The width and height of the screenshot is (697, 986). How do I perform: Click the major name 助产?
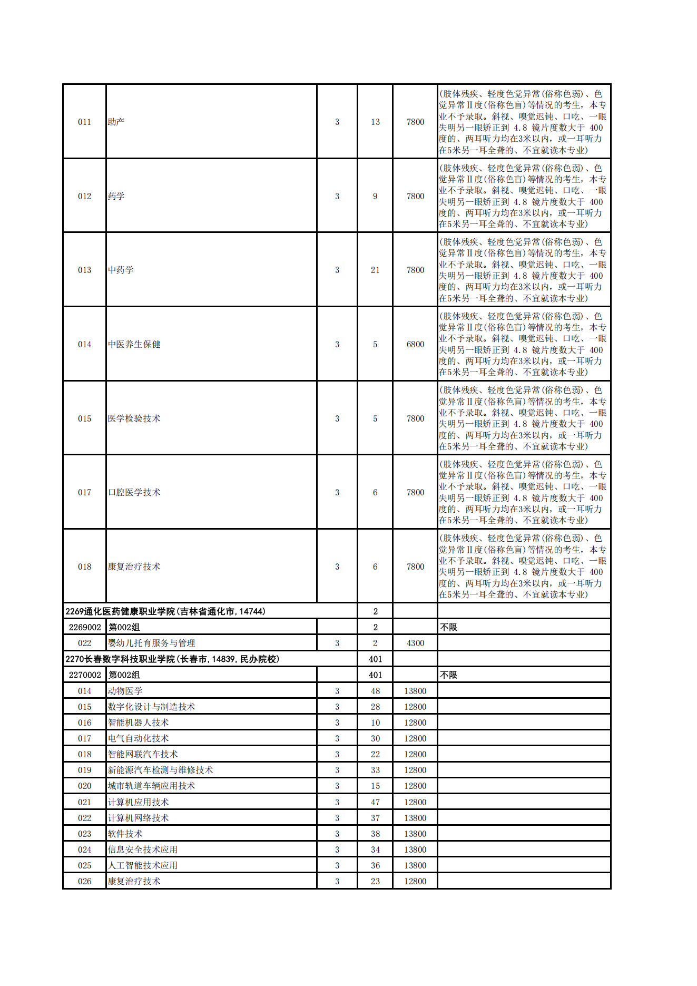[116, 122]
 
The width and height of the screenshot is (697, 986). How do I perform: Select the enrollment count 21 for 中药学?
[375, 270]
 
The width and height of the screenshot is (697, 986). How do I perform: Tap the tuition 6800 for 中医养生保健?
[415, 344]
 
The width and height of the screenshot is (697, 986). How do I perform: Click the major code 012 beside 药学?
[84, 196]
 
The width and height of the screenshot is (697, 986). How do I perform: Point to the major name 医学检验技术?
[134, 418]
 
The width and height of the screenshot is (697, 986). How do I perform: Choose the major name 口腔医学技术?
[134, 492]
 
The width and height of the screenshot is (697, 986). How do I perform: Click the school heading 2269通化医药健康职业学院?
[165, 611]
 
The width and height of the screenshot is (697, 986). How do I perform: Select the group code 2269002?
[85, 627]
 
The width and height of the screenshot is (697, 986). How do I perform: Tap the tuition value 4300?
[415, 643]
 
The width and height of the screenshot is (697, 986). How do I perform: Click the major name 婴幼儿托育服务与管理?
[151, 643]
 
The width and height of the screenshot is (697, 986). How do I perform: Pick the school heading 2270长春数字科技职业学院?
[172, 659]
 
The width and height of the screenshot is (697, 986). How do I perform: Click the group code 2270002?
[85, 675]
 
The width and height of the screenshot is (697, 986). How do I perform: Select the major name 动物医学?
[125, 691]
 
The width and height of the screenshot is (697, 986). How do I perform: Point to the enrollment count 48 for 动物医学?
[375, 691]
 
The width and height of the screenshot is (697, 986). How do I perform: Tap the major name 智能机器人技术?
[138, 723]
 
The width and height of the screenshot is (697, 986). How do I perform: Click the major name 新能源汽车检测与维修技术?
[160, 770]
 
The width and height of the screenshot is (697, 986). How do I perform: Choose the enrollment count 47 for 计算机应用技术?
[375, 802]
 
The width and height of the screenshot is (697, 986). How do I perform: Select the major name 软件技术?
[125, 834]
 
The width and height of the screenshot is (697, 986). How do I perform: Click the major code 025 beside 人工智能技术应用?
[84, 865]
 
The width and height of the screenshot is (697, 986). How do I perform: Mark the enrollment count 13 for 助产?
[375, 122]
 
